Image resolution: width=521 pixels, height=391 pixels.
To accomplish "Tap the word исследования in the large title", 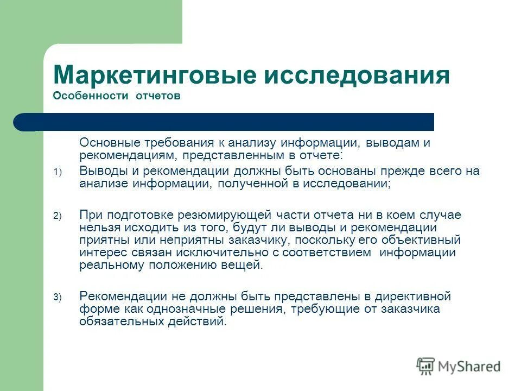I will coord(357,74).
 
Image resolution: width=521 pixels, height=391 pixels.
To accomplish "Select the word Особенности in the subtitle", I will coord(87,96).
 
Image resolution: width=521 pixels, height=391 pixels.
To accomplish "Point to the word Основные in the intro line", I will coord(110,143).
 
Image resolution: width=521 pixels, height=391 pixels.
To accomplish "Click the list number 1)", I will coord(58,172).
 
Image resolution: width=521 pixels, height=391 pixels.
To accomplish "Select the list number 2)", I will coord(58,216).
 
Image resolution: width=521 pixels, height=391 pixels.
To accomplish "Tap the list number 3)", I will coord(58,297).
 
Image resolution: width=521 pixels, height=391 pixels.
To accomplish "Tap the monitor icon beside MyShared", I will coord(425,366).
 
